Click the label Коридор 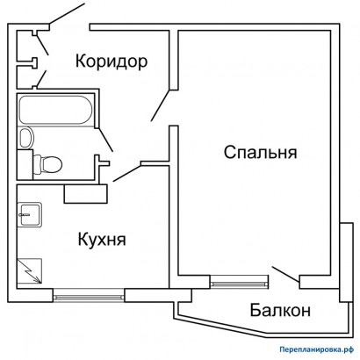tap(110, 61)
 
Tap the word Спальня tap(261, 152)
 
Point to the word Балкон tap(278, 310)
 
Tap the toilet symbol tap(49, 162)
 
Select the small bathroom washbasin tap(25, 137)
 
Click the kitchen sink tap(29, 212)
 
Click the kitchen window tap(89, 295)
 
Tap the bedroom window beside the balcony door tap(239, 282)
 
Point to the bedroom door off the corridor tap(160, 105)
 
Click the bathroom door tap(104, 138)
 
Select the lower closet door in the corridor tap(40, 81)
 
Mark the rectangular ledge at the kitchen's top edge tap(84, 191)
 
